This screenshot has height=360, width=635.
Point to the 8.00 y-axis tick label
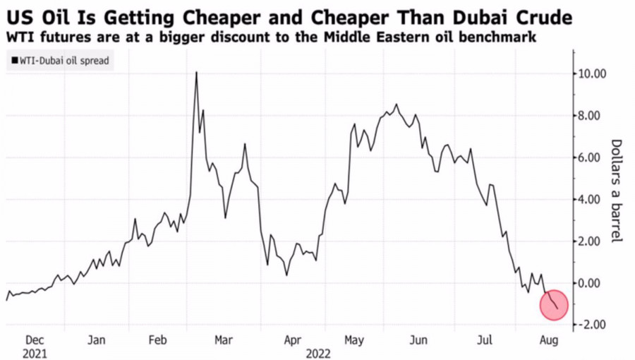593,115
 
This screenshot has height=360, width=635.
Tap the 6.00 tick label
593,157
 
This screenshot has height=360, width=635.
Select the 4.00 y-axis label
593,199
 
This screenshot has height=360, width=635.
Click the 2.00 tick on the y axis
593,241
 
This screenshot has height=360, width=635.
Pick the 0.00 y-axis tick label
593,283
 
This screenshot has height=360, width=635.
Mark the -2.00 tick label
592,325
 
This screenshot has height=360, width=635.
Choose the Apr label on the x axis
292,340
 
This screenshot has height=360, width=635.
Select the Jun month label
419,340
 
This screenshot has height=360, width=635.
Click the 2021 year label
35,352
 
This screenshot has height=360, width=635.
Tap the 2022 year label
318,352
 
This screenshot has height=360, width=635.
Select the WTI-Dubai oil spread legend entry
61,61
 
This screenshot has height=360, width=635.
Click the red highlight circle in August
554,304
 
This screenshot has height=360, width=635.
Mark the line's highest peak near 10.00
196,72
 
